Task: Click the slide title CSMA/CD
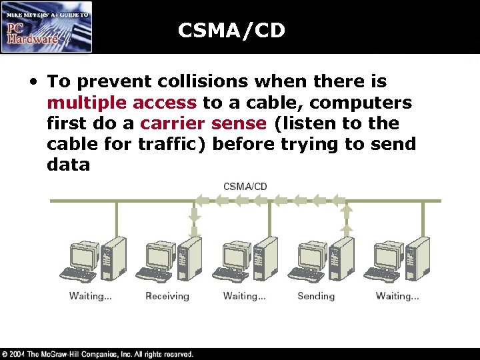click(231, 31)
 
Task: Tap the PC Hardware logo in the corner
click(47, 27)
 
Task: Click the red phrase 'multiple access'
click(122, 103)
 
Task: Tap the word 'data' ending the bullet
click(68, 165)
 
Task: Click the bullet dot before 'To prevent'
click(33, 83)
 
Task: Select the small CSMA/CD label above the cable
click(245, 187)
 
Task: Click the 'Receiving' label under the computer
click(167, 296)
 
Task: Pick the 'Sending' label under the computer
click(316, 296)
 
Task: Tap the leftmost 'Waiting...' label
click(90, 296)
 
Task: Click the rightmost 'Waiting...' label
click(397, 296)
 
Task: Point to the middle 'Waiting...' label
click(244, 296)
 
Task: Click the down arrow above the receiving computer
click(194, 215)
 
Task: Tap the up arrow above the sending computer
click(347, 211)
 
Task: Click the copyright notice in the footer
click(97, 354)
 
